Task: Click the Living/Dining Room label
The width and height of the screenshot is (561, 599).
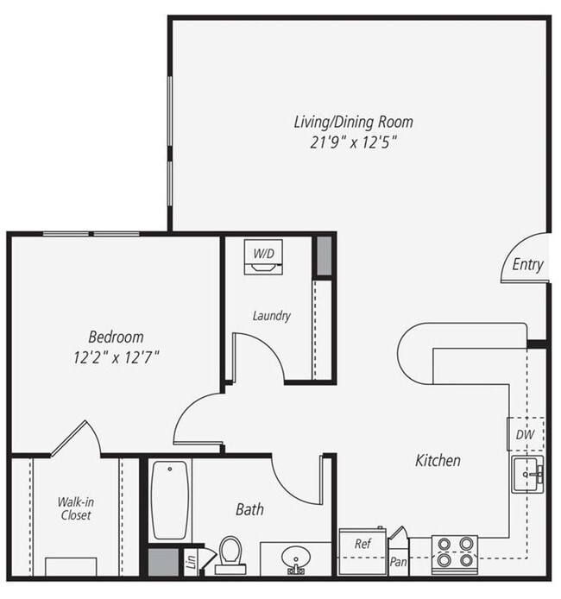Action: pos(353,122)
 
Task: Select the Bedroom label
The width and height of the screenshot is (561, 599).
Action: pos(116,337)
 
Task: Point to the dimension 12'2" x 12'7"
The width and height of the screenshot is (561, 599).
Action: pos(116,356)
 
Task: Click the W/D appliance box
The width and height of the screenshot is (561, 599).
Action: pos(263,256)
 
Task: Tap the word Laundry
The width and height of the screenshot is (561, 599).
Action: pos(271,316)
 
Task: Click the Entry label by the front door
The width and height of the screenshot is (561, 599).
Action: pos(527,265)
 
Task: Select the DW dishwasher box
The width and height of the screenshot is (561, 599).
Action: pos(525,435)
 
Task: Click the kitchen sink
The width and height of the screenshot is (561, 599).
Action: pos(526,474)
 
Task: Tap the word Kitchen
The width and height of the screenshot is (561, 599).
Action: pos(438,461)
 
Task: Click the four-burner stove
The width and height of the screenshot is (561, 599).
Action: pos(454,554)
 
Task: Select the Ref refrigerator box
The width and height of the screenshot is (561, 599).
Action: pos(362,545)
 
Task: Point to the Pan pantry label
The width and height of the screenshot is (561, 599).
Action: pos(398,562)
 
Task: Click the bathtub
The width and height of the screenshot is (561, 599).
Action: pos(170,501)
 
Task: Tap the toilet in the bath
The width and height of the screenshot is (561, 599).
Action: pos(230,554)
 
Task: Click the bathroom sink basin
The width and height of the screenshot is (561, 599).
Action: pos(295,558)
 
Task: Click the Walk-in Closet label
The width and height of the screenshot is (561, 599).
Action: pos(74,508)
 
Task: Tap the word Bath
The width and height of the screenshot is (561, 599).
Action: pos(249,509)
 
